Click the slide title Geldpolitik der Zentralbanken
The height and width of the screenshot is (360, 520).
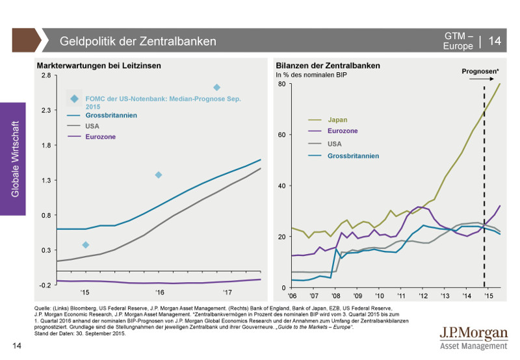tap(138, 41)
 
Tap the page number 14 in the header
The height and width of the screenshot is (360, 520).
tap(495, 41)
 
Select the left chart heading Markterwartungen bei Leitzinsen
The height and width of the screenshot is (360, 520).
tap(99, 66)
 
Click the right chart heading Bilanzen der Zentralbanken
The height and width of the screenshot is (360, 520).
tap(328, 66)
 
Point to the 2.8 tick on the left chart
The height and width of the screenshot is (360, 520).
tap(45, 75)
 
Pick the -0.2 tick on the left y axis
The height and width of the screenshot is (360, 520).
tap(45, 285)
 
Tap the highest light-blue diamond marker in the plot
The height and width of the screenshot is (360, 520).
tap(216, 87)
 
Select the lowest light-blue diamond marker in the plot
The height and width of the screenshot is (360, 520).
tap(85, 245)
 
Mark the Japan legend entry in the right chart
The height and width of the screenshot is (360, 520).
tap(337, 120)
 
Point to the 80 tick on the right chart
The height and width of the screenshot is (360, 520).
tap(281, 84)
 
